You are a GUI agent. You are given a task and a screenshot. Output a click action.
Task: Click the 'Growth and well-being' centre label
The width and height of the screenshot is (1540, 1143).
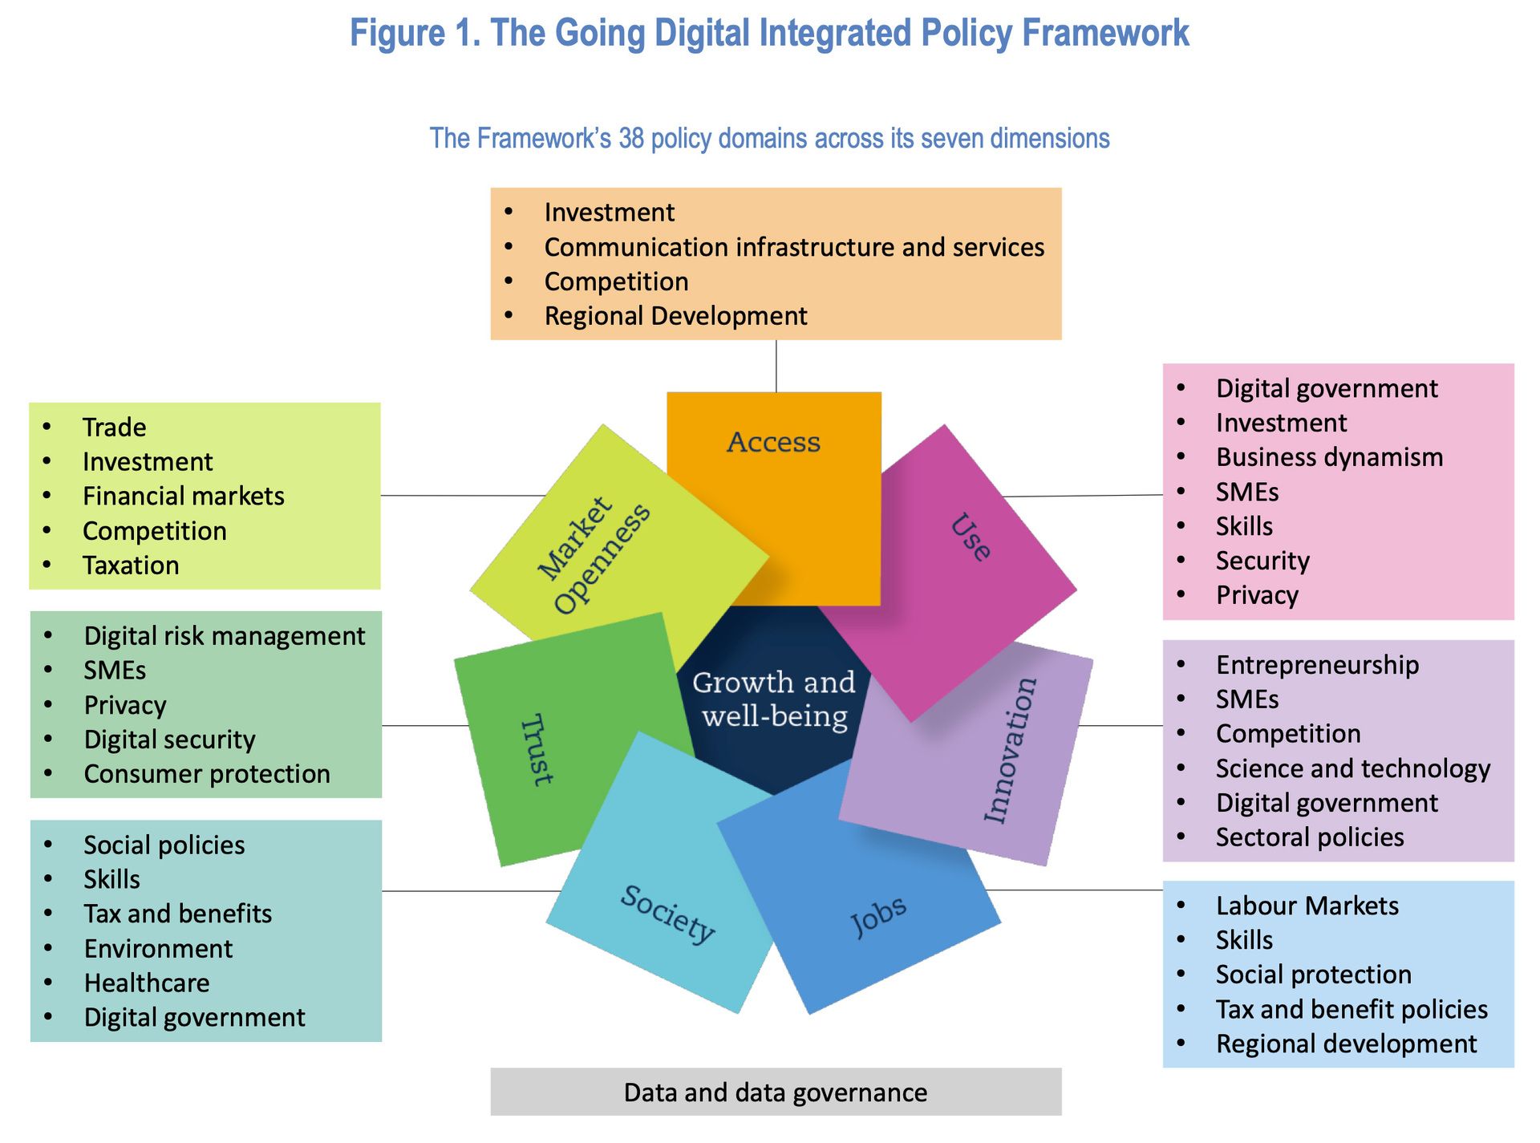tap(774, 699)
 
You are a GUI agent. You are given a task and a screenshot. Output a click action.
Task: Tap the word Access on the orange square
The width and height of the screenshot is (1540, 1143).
tap(774, 442)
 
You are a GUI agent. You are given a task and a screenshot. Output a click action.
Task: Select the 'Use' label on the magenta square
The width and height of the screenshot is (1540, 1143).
tap(971, 537)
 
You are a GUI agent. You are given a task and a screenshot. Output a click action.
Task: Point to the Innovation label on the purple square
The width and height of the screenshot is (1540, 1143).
tap(1011, 750)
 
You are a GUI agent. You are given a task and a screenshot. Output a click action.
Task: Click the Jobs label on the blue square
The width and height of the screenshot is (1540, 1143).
tap(878, 916)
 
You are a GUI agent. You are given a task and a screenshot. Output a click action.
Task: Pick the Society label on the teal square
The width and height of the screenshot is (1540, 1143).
tap(667, 914)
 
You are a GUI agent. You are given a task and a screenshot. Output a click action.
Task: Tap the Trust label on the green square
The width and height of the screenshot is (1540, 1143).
tap(537, 749)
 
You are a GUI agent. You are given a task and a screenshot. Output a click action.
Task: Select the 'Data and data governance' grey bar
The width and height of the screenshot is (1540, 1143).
tap(776, 1092)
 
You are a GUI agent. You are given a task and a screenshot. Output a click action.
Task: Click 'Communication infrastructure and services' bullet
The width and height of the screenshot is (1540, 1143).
tap(794, 247)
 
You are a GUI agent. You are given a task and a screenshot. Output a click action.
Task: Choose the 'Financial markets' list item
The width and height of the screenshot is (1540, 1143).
tap(184, 497)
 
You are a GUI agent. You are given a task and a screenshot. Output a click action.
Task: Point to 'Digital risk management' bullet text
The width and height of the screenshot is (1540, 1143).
tap(225, 636)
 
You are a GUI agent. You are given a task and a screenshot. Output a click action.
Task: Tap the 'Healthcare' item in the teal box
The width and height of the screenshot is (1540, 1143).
tap(147, 983)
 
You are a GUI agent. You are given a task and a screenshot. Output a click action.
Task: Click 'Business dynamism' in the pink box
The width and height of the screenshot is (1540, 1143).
tap(1329, 457)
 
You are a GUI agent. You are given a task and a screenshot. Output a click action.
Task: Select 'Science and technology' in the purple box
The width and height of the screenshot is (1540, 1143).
tap(1353, 768)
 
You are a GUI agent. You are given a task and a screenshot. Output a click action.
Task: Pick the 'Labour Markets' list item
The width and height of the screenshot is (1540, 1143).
tap(1307, 906)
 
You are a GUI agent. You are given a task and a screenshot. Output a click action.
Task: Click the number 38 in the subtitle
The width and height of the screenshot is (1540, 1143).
tap(631, 138)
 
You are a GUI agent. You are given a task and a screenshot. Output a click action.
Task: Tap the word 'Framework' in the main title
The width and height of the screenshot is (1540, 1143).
tap(1105, 34)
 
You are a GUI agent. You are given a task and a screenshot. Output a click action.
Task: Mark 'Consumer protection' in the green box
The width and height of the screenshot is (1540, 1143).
tap(207, 774)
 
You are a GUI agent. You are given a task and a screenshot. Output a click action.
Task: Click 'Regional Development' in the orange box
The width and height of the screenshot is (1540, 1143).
tap(675, 316)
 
